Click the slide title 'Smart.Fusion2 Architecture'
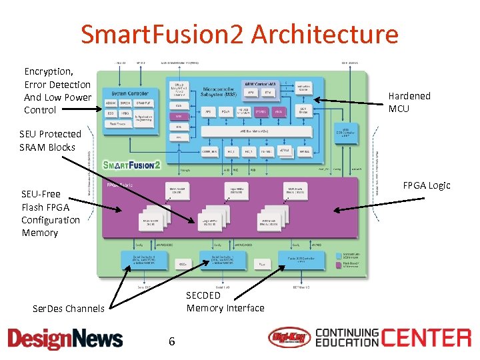(x=239, y=35)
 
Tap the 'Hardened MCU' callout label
(x=409, y=102)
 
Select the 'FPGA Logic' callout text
(x=427, y=185)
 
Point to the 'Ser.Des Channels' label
(x=69, y=308)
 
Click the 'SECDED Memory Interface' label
(x=225, y=301)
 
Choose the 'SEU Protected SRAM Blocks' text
(x=50, y=141)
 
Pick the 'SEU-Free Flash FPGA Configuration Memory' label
(x=50, y=213)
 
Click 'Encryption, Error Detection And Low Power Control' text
(x=57, y=91)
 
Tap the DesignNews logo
(x=65, y=339)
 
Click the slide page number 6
(x=171, y=341)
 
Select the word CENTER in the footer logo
(x=426, y=337)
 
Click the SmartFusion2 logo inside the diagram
(x=132, y=165)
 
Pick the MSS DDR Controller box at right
(x=345, y=133)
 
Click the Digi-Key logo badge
(x=289, y=338)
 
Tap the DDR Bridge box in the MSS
(x=303, y=110)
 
